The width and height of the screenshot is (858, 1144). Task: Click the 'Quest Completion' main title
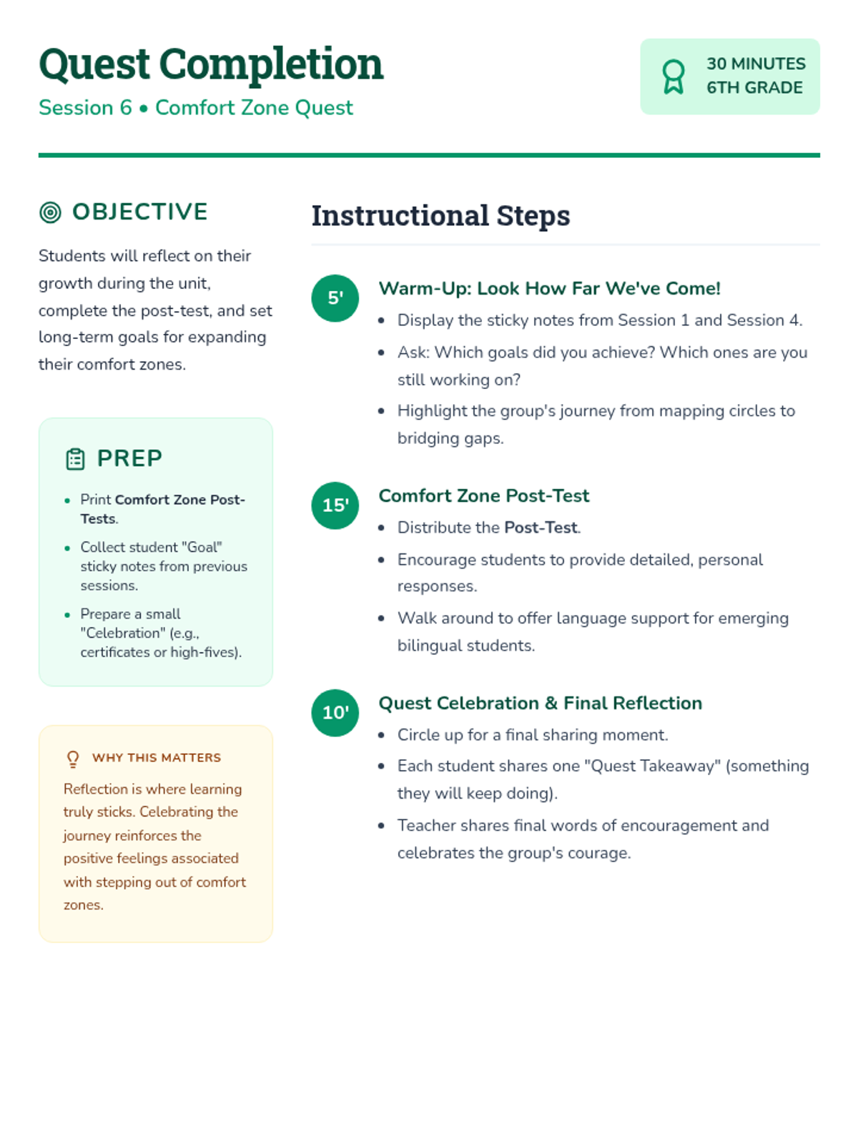coord(211,64)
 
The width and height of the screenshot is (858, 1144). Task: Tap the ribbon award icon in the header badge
coord(673,77)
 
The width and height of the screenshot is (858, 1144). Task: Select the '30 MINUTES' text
coord(756,64)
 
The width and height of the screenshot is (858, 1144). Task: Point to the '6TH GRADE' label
coord(754,88)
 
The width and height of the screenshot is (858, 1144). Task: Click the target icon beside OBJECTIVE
coord(50,212)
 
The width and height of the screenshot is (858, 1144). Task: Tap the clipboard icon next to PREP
coord(75,459)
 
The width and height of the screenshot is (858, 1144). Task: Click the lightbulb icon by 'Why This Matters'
coord(73,759)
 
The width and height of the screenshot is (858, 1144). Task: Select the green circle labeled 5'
coord(335,298)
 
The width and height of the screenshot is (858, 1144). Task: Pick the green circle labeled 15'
coord(335,506)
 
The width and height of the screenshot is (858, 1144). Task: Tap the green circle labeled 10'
coord(335,713)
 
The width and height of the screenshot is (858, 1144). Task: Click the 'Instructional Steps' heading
coord(440,216)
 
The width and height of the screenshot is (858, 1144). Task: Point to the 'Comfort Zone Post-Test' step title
coord(483,495)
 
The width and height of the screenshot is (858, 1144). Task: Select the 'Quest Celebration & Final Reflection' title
coord(540,703)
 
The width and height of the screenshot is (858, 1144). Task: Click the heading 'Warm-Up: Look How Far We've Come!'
coord(549,288)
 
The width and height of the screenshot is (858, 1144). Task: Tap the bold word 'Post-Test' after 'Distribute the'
coord(541,528)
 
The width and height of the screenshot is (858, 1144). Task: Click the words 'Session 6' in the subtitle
coord(85,108)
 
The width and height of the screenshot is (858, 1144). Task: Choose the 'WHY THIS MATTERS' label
coord(157,758)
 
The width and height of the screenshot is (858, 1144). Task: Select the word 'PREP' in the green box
coord(129,458)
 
